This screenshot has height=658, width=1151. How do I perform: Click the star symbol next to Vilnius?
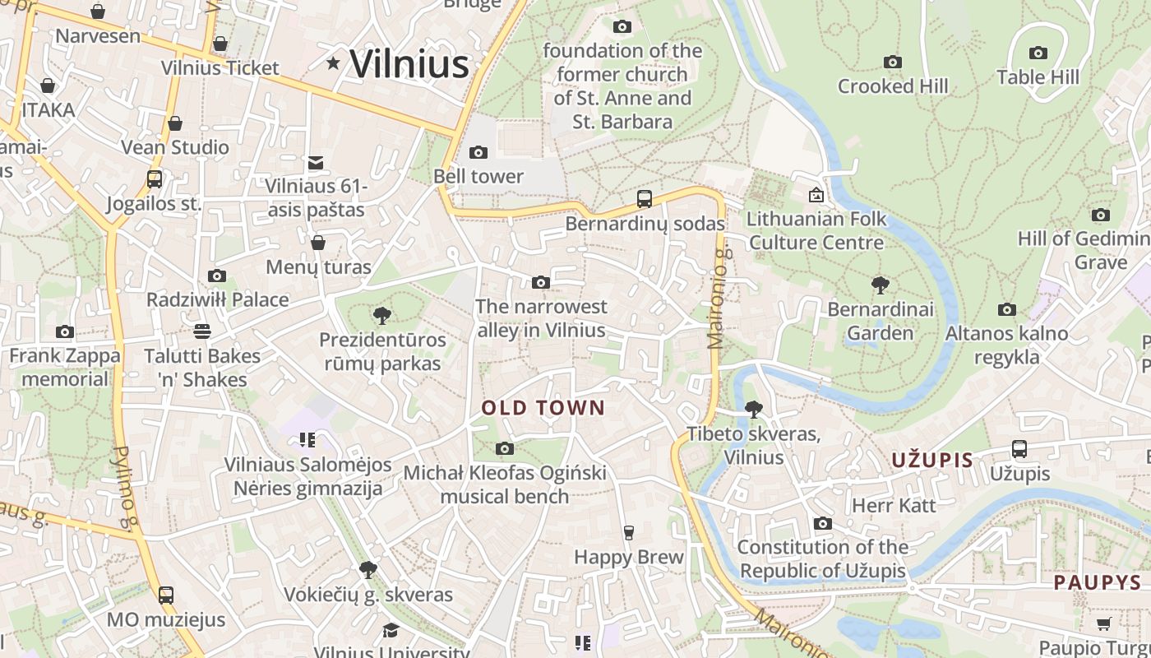tap(333, 63)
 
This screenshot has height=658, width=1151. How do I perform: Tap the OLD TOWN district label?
tap(543, 408)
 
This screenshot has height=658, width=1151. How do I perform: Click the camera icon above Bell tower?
tap(478, 152)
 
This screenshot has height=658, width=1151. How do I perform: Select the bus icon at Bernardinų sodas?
tap(645, 198)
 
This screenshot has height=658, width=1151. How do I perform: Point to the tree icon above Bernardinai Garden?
tap(881, 285)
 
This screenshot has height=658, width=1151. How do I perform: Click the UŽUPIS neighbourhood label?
tap(932, 461)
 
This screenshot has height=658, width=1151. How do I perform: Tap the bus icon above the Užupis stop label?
tap(1019, 449)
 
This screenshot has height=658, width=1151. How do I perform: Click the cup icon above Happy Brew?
tap(629, 533)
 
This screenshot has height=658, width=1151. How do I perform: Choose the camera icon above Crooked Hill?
tap(893, 62)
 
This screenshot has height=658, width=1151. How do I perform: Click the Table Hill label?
tap(1038, 77)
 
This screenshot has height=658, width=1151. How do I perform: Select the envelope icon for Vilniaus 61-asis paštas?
tap(316, 163)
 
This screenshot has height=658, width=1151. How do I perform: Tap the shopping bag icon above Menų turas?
tap(318, 243)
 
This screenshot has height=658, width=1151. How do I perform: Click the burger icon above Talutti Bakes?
tap(202, 331)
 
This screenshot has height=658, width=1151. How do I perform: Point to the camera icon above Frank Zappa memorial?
tap(65, 332)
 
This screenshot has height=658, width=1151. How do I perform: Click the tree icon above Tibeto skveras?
tap(753, 409)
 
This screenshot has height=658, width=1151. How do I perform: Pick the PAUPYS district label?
tap(1098, 583)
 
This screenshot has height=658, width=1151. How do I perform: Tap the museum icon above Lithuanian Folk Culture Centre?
tap(816, 195)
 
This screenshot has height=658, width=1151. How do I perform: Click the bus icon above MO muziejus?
tap(166, 595)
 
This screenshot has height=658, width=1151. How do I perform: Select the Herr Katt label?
tap(894, 505)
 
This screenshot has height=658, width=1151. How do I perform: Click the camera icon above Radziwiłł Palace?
tap(217, 276)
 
